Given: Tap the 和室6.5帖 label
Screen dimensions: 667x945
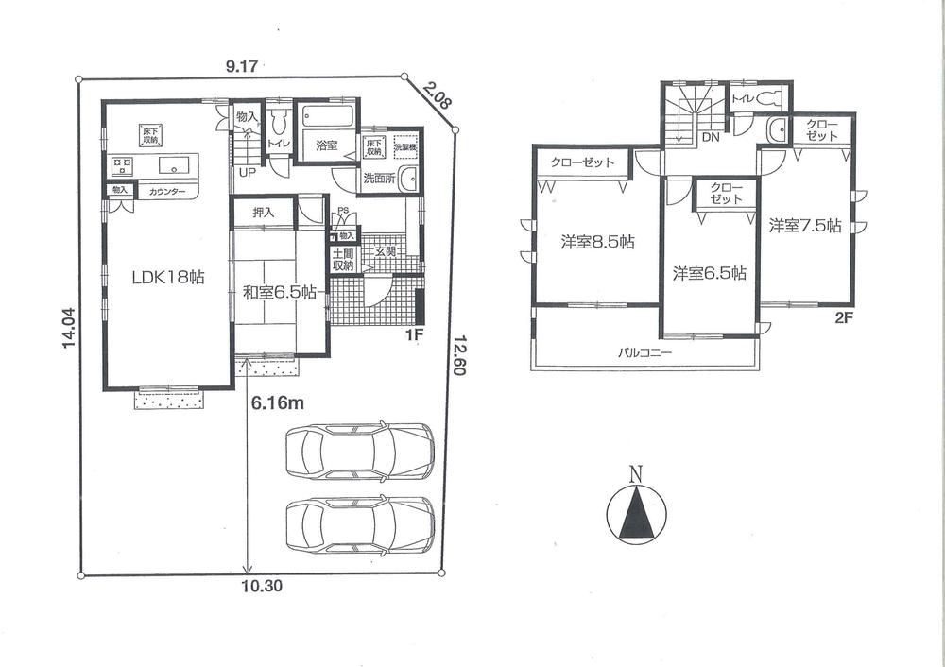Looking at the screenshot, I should point(279,293).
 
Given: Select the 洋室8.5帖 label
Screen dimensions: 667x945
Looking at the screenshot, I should point(596,242).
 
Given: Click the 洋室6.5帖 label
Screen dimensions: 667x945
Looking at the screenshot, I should point(709,273).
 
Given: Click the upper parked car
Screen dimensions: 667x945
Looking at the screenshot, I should point(359,451).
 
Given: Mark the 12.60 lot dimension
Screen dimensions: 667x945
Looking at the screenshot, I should point(458,355).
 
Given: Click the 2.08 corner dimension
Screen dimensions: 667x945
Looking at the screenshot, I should point(437,95).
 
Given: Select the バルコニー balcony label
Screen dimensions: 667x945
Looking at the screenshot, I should point(644,352).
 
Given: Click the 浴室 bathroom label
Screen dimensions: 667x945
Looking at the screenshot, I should point(326,145).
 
